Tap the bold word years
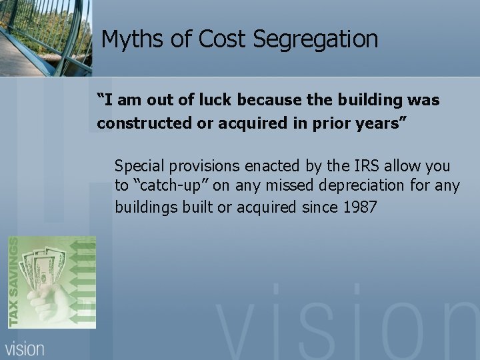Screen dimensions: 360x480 click(x=365, y=123)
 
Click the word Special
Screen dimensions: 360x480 click(x=139, y=166)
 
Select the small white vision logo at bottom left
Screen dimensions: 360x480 click(x=26, y=348)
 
